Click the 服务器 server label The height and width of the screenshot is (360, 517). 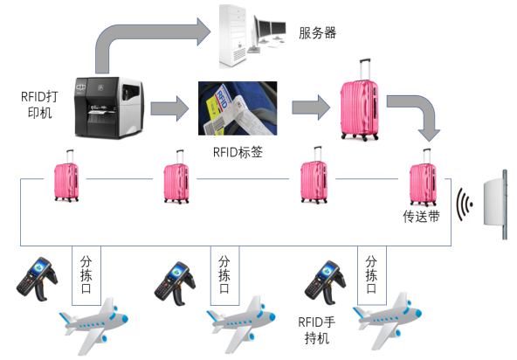[x=317, y=33]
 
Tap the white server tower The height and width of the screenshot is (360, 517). [x=233, y=36]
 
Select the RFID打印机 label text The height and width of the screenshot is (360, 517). [x=39, y=105]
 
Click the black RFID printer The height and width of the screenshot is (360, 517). [x=109, y=107]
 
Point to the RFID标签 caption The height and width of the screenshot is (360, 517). [x=238, y=152]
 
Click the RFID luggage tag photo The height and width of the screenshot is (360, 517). [x=238, y=108]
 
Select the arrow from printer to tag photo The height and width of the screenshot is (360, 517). [x=169, y=108]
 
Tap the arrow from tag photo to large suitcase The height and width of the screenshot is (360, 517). [x=311, y=107]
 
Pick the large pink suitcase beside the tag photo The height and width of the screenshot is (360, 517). [x=360, y=100]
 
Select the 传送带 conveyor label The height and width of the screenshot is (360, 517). [x=422, y=217]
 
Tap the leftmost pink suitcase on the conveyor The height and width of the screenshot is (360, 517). [x=66, y=176]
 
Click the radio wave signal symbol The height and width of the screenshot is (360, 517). [x=465, y=204]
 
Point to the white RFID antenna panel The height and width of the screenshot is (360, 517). [x=495, y=204]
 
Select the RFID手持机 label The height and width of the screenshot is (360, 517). [x=316, y=330]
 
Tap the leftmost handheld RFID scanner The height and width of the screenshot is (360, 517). [x=37, y=279]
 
